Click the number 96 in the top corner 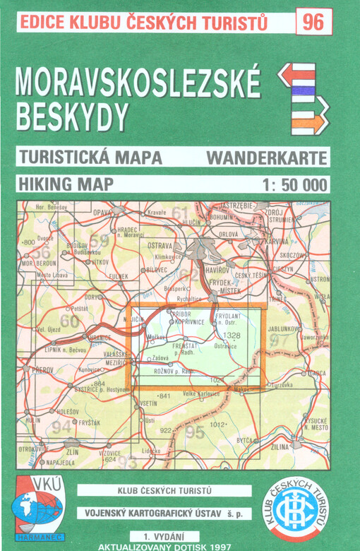coord(313,22)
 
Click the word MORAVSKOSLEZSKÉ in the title coord(138,83)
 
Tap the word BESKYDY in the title coord(73,117)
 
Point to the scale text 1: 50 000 coord(294,185)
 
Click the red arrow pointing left coord(296,73)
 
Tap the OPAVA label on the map coord(103,213)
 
